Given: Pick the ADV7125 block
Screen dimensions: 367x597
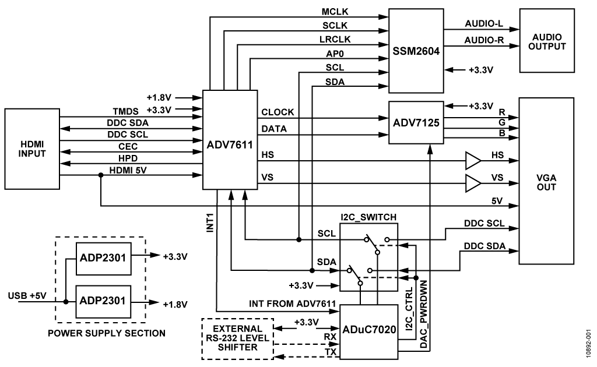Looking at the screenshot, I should click(x=415, y=123).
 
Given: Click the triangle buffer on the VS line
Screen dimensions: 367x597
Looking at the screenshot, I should click(x=472, y=184).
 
